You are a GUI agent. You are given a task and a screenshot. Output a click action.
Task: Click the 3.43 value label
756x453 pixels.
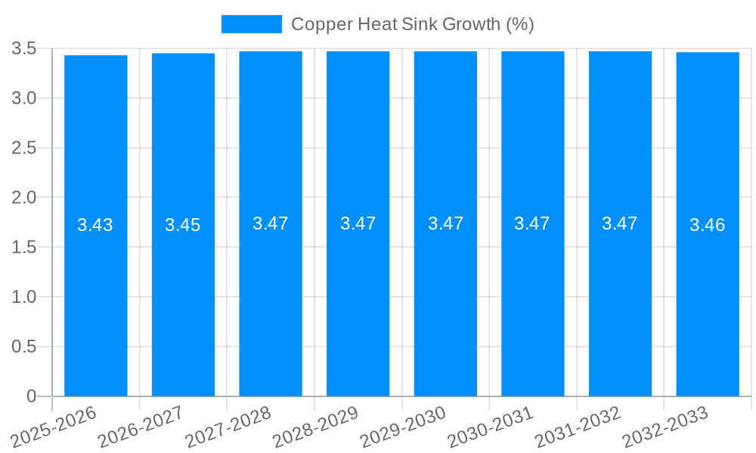95,225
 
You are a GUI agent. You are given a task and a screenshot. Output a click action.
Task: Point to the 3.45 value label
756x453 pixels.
183,225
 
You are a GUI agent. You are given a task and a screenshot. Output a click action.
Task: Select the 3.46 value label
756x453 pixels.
708,225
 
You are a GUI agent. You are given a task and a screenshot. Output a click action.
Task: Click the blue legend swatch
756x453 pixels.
251,24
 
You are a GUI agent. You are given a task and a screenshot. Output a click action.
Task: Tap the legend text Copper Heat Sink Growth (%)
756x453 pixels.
413,24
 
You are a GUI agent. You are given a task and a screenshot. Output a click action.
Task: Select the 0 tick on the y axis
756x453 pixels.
31,396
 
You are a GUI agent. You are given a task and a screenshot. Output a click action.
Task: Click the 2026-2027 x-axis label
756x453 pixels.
141,427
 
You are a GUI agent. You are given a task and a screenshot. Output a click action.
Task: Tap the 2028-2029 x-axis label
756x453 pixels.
316,427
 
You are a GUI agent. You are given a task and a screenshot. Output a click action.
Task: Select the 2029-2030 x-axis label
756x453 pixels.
404,427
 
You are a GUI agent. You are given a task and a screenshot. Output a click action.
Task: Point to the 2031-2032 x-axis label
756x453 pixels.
578,427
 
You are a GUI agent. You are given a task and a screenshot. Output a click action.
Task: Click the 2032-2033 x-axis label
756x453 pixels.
666,427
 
